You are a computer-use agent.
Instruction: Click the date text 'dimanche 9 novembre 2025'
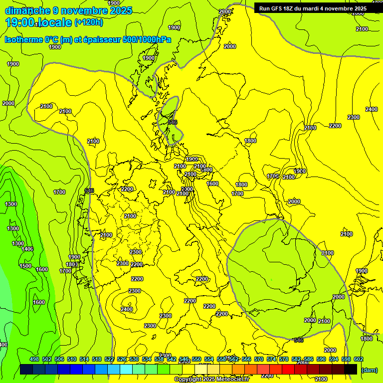tap(68, 10)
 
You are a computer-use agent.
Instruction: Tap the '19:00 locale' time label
tap(39, 22)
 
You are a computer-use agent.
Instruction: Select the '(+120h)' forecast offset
tap(89, 22)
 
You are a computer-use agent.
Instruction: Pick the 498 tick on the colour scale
tap(34, 360)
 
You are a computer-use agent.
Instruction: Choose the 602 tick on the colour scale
tap(359, 360)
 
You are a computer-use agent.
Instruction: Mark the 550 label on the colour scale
tap(196, 360)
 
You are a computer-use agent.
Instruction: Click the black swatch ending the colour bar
tap(351, 369)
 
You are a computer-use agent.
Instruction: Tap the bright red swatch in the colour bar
tap(288, 369)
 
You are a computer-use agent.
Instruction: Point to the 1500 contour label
tap(25, 266)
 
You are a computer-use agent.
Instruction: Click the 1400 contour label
tap(27, 249)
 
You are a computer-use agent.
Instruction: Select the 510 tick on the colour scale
tap(72, 360)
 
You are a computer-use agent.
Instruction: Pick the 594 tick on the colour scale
tap(334, 360)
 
